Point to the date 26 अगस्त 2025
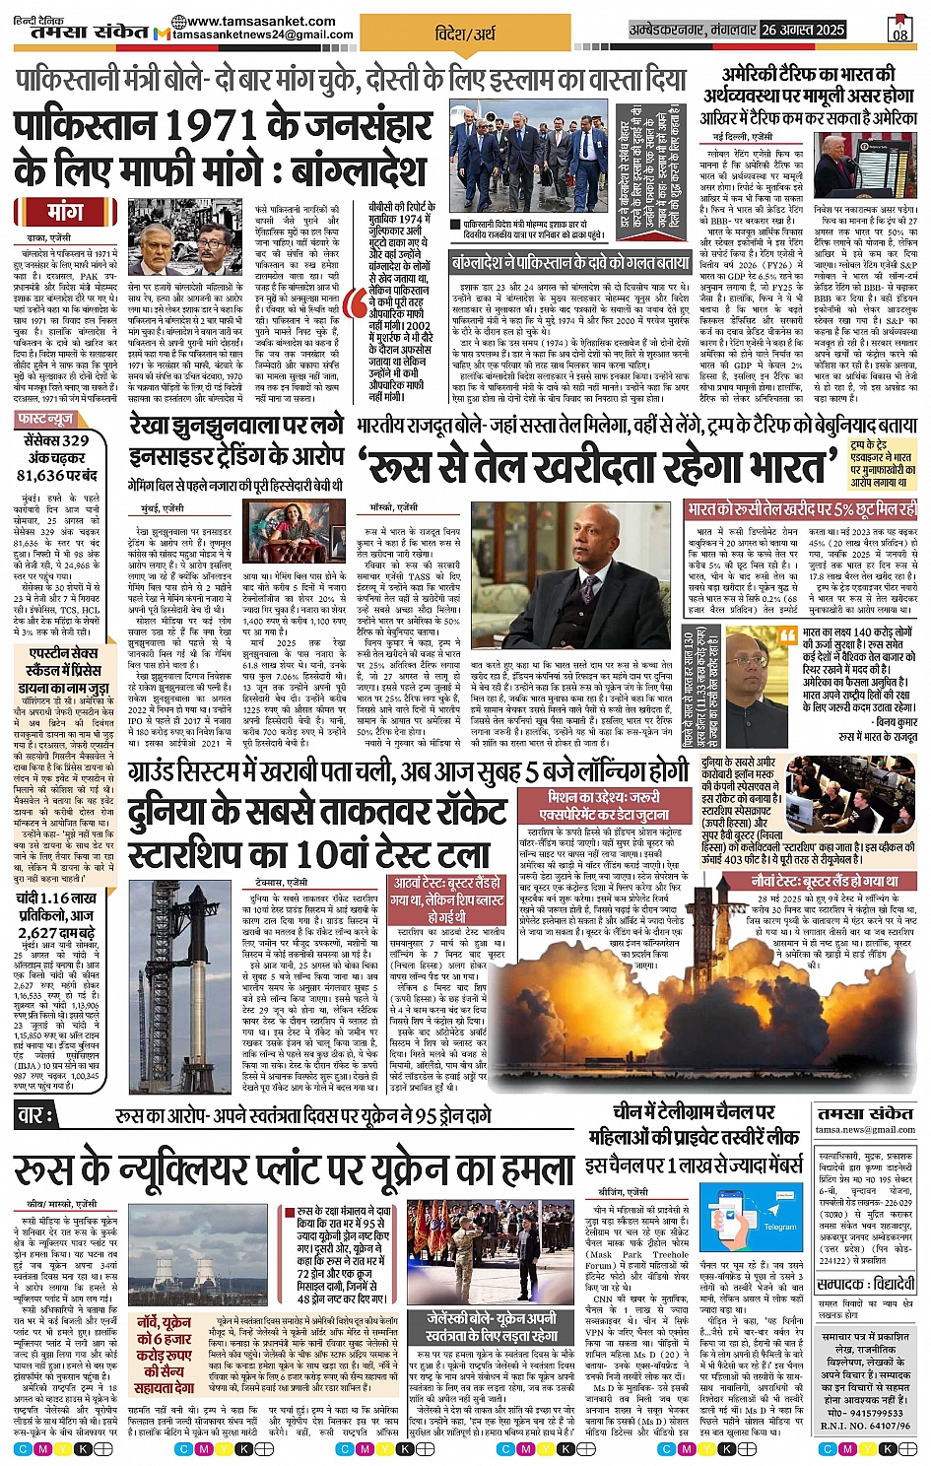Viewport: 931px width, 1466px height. pos(803,30)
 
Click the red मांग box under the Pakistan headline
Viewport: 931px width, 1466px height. pos(66,212)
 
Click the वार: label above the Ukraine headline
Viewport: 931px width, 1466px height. pos(38,1116)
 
